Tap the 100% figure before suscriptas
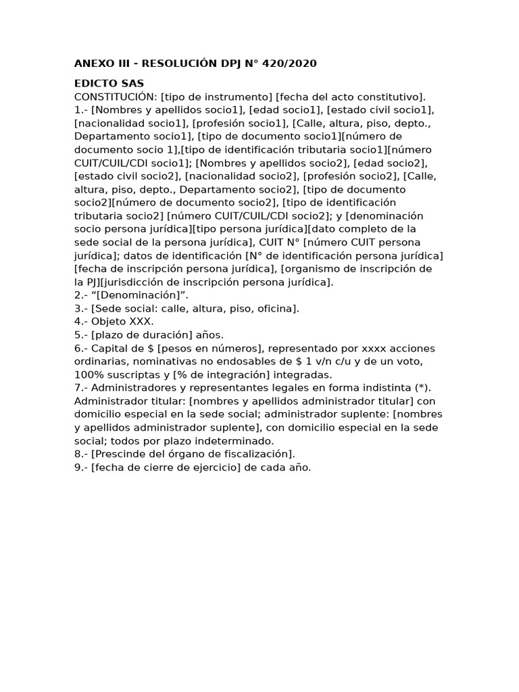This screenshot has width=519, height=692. click(x=89, y=374)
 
